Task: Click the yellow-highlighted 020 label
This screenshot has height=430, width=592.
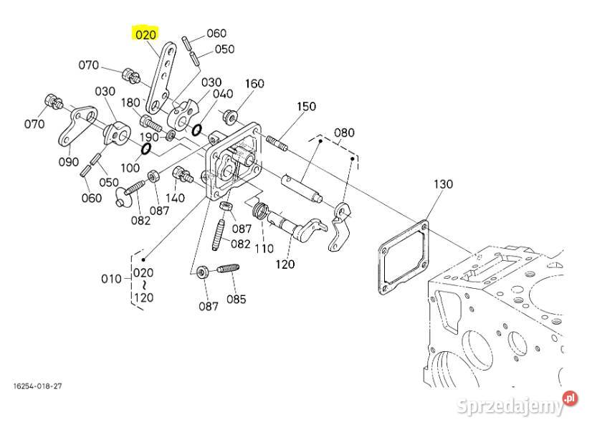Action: (144, 34)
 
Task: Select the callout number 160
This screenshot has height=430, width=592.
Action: (254, 83)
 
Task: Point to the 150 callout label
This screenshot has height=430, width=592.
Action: (306, 106)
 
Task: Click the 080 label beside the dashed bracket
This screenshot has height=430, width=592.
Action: (345, 133)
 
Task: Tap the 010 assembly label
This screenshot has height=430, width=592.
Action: (111, 279)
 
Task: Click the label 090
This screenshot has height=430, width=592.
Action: (69, 162)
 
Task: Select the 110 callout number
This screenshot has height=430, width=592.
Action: (264, 248)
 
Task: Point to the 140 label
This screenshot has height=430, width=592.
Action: (175, 197)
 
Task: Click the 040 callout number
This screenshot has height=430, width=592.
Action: (223, 94)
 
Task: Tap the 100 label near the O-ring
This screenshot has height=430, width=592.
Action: (130, 167)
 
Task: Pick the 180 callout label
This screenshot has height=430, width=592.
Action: (130, 102)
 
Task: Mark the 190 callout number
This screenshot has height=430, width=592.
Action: (148, 137)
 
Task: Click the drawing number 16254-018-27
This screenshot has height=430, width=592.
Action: (37, 386)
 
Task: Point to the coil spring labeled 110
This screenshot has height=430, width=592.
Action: (262, 211)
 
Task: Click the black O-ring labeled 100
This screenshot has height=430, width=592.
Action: (144, 149)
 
